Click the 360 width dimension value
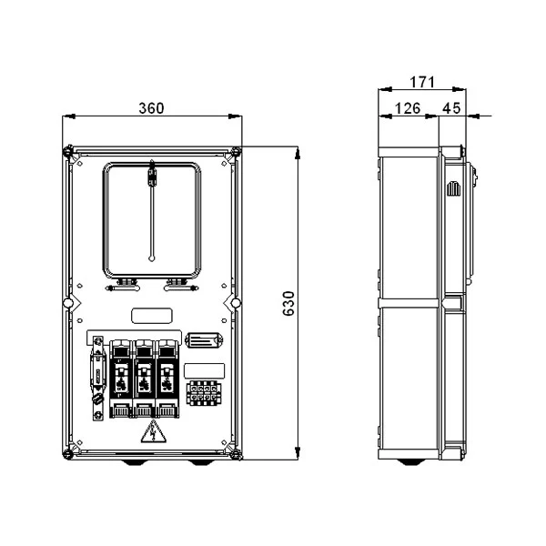point(151,108)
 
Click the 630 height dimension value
point(288,304)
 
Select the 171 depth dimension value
point(422,82)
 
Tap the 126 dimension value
point(408,108)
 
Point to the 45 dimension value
point(451,108)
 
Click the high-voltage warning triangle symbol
point(153,431)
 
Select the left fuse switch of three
point(121,379)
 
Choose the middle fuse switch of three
point(144,379)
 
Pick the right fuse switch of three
point(167,379)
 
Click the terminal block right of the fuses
point(203,393)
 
